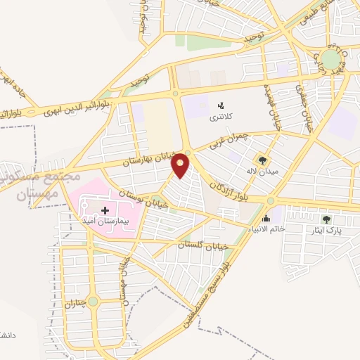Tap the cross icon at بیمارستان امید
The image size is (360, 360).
[x=105, y=210]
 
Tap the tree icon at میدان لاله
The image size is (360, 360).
[x=262, y=160]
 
